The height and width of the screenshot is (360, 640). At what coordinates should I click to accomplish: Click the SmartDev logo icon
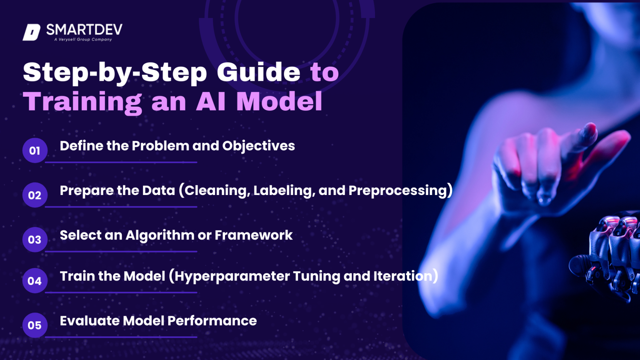tap(32, 32)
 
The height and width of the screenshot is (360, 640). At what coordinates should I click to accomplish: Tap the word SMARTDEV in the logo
tap(84, 30)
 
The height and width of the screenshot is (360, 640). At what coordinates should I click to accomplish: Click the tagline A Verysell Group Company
tap(83, 40)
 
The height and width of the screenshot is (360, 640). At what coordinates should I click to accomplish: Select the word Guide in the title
tap(258, 72)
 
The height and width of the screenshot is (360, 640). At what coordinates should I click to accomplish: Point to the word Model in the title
tap(279, 102)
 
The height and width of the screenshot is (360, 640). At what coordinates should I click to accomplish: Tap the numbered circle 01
tap(35, 150)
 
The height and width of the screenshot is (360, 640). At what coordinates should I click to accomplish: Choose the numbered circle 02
tap(35, 195)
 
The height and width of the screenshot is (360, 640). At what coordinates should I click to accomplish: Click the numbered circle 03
tap(35, 240)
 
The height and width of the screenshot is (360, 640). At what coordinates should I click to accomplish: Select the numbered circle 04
tap(35, 281)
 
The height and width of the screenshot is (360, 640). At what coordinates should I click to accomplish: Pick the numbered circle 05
tap(35, 325)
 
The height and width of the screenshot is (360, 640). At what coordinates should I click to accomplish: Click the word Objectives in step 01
tap(258, 146)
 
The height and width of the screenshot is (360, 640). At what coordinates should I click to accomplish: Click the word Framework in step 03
tap(253, 235)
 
